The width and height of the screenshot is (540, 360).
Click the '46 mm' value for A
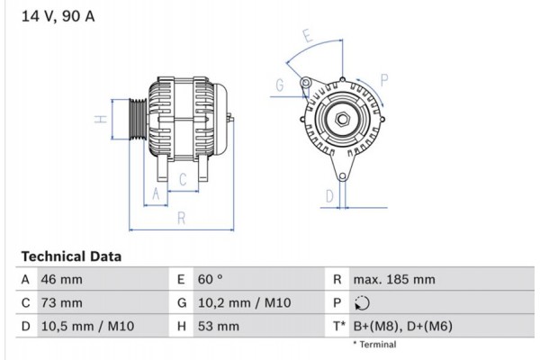61,279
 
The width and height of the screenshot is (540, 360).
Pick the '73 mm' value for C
61,303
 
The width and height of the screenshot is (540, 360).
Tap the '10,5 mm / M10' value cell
86,327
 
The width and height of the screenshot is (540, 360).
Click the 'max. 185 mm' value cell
394,279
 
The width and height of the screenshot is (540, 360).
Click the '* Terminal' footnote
374,345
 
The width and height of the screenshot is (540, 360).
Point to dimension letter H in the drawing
102,118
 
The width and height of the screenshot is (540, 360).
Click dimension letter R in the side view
181,217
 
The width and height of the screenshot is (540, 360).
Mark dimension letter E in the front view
307,37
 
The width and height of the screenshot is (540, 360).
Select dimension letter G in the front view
280,85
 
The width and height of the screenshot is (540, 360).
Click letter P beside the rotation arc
385,79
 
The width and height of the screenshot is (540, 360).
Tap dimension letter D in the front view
329,194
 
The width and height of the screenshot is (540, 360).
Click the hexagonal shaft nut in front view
343,118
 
